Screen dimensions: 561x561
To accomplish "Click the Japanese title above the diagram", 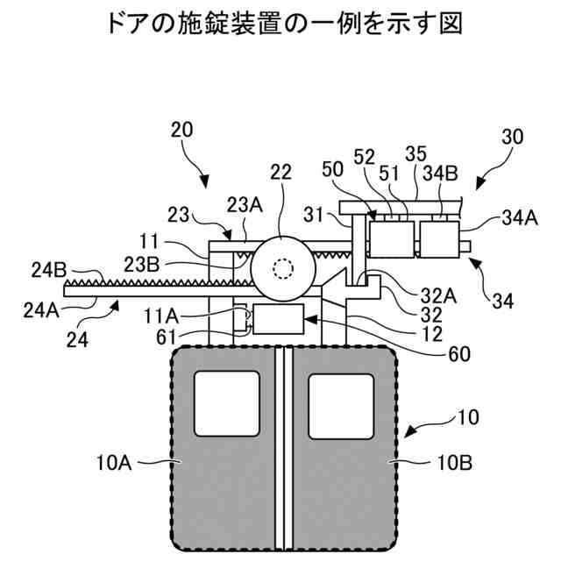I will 280,24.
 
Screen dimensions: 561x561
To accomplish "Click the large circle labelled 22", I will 281,266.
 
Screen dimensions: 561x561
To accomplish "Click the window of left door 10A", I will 227,401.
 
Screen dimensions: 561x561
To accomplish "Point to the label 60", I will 459,354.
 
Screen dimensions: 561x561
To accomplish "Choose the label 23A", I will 245,206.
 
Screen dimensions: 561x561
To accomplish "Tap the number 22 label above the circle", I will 280,173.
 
